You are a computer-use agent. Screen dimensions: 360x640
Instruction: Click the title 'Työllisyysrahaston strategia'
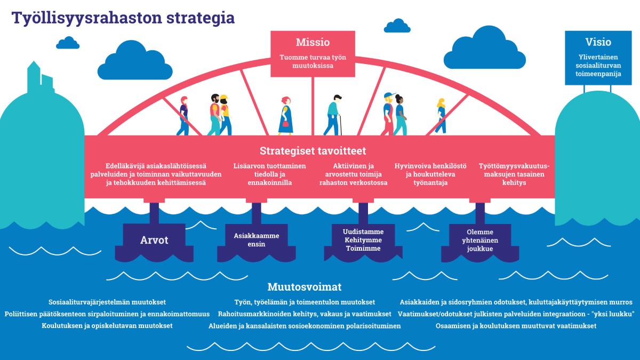(x=123, y=17)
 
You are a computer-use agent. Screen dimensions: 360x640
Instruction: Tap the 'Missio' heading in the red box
(x=313, y=42)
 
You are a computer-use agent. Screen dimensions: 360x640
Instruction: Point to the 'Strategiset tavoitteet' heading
(x=313, y=151)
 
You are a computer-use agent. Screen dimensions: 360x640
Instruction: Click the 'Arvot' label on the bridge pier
(x=154, y=240)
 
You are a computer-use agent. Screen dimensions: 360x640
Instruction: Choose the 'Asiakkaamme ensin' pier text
(x=257, y=239)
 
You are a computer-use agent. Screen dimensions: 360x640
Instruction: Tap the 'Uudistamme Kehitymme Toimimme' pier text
(x=363, y=239)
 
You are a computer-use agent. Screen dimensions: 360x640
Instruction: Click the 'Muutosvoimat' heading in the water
(x=312, y=287)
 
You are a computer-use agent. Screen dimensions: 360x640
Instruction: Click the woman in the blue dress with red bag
(x=286, y=116)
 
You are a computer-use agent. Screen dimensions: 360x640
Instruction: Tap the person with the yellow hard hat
(x=225, y=114)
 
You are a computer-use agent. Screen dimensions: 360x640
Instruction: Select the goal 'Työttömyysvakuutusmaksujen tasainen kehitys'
(x=514, y=174)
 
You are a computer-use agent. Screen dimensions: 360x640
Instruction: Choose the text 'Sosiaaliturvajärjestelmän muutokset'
(x=107, y=302)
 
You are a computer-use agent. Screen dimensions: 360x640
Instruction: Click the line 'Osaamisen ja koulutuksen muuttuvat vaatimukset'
(x=516, y=325)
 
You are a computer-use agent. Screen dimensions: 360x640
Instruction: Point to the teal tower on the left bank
(x=34, y=77)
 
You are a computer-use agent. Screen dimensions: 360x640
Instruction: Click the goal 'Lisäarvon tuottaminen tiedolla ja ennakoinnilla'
(x=270, y=174)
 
